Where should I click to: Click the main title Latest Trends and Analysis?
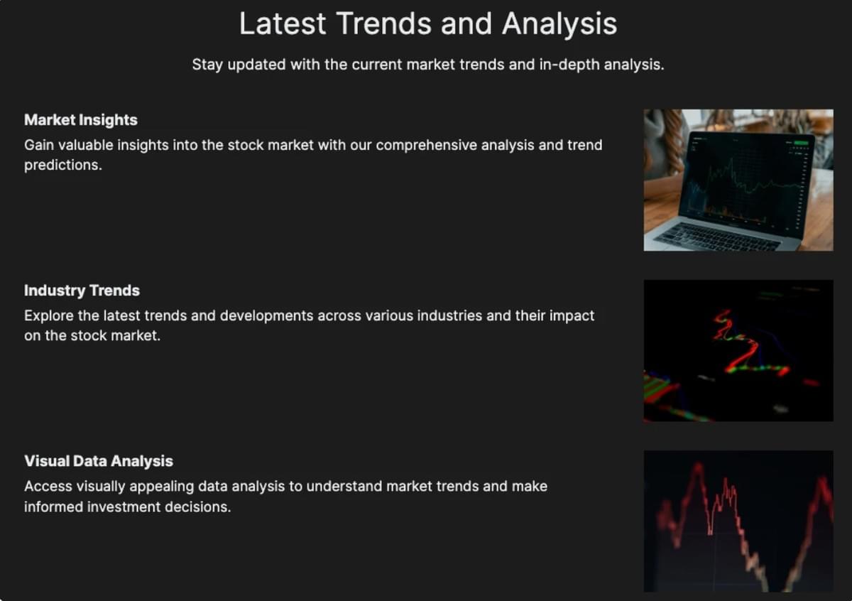point(428,24)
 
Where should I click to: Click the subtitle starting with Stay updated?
point(428,65)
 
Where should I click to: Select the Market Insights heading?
point(81,120)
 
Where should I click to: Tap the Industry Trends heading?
point(82,291)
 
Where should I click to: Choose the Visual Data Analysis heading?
point(99,461)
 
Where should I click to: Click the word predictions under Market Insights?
point(63,166)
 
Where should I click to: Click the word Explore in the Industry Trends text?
point(49,316)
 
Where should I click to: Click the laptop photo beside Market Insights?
point(738,180)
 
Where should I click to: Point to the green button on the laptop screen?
point(801,143)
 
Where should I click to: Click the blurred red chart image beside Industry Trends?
point(738,350)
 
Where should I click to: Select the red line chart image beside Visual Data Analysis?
point(738,521)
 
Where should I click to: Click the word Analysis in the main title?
point(559,24)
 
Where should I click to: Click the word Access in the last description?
point(48,487)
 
